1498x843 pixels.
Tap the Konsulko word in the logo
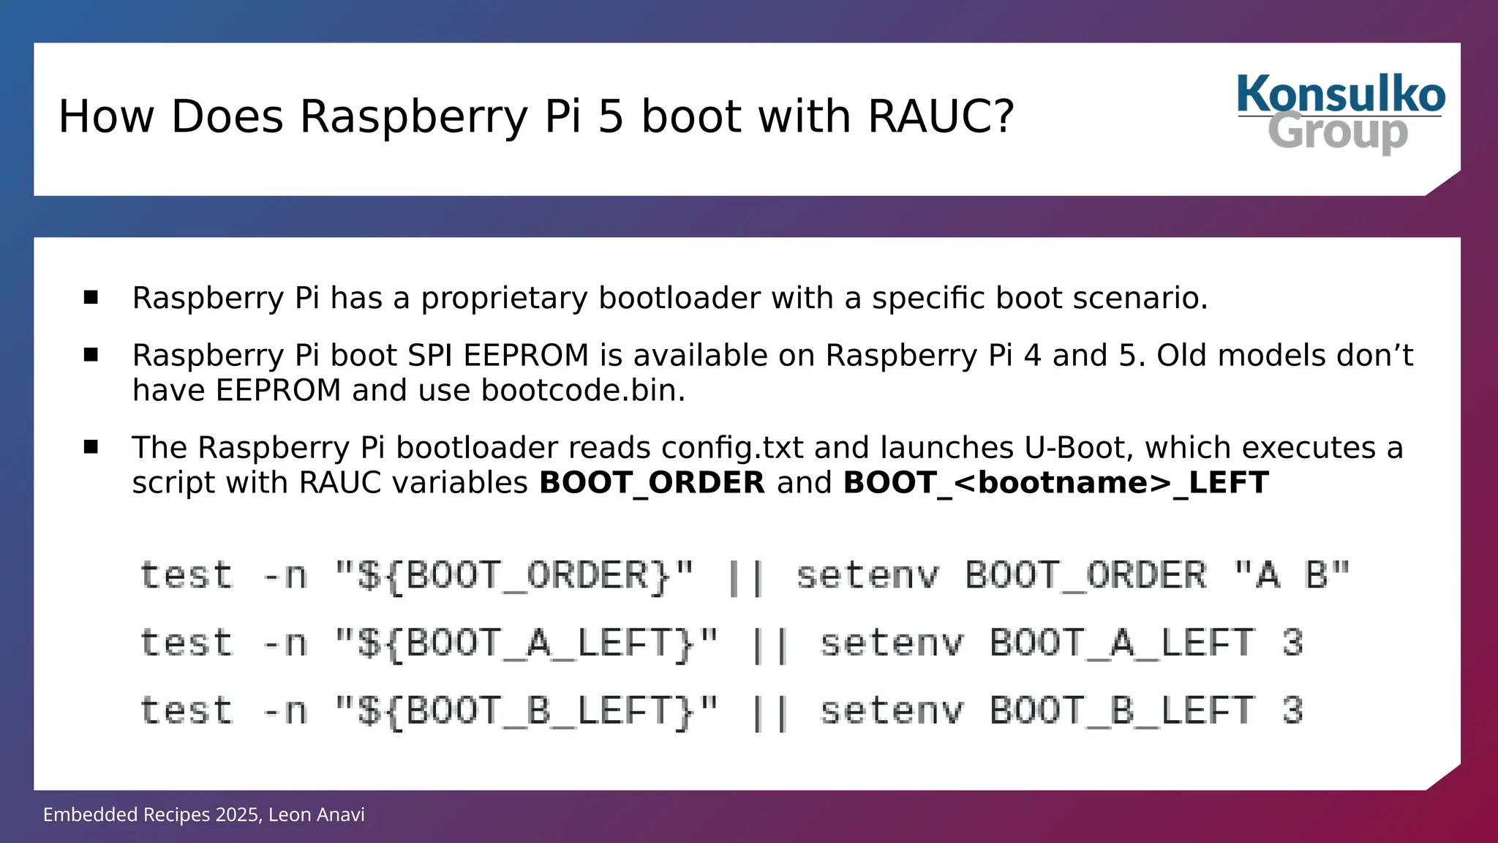[x=1341, y=94]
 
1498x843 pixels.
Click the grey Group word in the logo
[x=1338, y=132]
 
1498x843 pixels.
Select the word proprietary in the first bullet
[x=504, y=299]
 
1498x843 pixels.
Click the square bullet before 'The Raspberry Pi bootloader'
[x=91, y=446]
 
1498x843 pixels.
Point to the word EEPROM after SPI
[x=526, y=356]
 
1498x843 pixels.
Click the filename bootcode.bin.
[x=583, y=391]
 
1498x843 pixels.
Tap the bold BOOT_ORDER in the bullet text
[x=652, y=483]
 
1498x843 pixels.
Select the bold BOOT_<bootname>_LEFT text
[x=1055, y=483]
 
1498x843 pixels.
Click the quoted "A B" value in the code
[x=1291, y=575]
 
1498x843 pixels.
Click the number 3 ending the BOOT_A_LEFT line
[x=1292, y=643]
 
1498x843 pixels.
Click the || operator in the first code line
[x=745, y=577]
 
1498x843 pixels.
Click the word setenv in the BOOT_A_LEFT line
[x=892, y=643]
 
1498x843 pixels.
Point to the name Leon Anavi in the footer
[x=316, y=815]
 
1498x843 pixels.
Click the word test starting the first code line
[x=187, y=575]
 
